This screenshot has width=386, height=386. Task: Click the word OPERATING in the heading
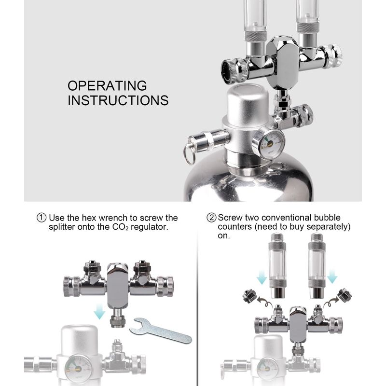pos(107,86)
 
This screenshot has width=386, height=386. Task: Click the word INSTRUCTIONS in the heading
pos(118,100)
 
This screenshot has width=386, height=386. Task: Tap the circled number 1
pos(41,218)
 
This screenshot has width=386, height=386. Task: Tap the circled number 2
pos(211,218)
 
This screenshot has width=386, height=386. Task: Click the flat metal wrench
pos(161,331)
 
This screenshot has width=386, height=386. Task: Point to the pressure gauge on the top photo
pos(269,143)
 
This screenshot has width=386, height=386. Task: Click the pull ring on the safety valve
pos(189,154)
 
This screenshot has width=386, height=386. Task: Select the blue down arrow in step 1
pos(99,311)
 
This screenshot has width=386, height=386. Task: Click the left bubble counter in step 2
pos(277,266)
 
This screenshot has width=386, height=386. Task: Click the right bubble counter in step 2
pos(317,266)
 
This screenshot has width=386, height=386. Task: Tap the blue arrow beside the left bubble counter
pos(262,276)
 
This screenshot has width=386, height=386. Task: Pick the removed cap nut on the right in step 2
pos(345,295)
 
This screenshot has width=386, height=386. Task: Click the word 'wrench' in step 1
pos(113,218)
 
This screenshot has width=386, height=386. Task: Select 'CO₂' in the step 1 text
pos(120,227)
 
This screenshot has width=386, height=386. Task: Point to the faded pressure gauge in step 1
pos(78,369)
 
